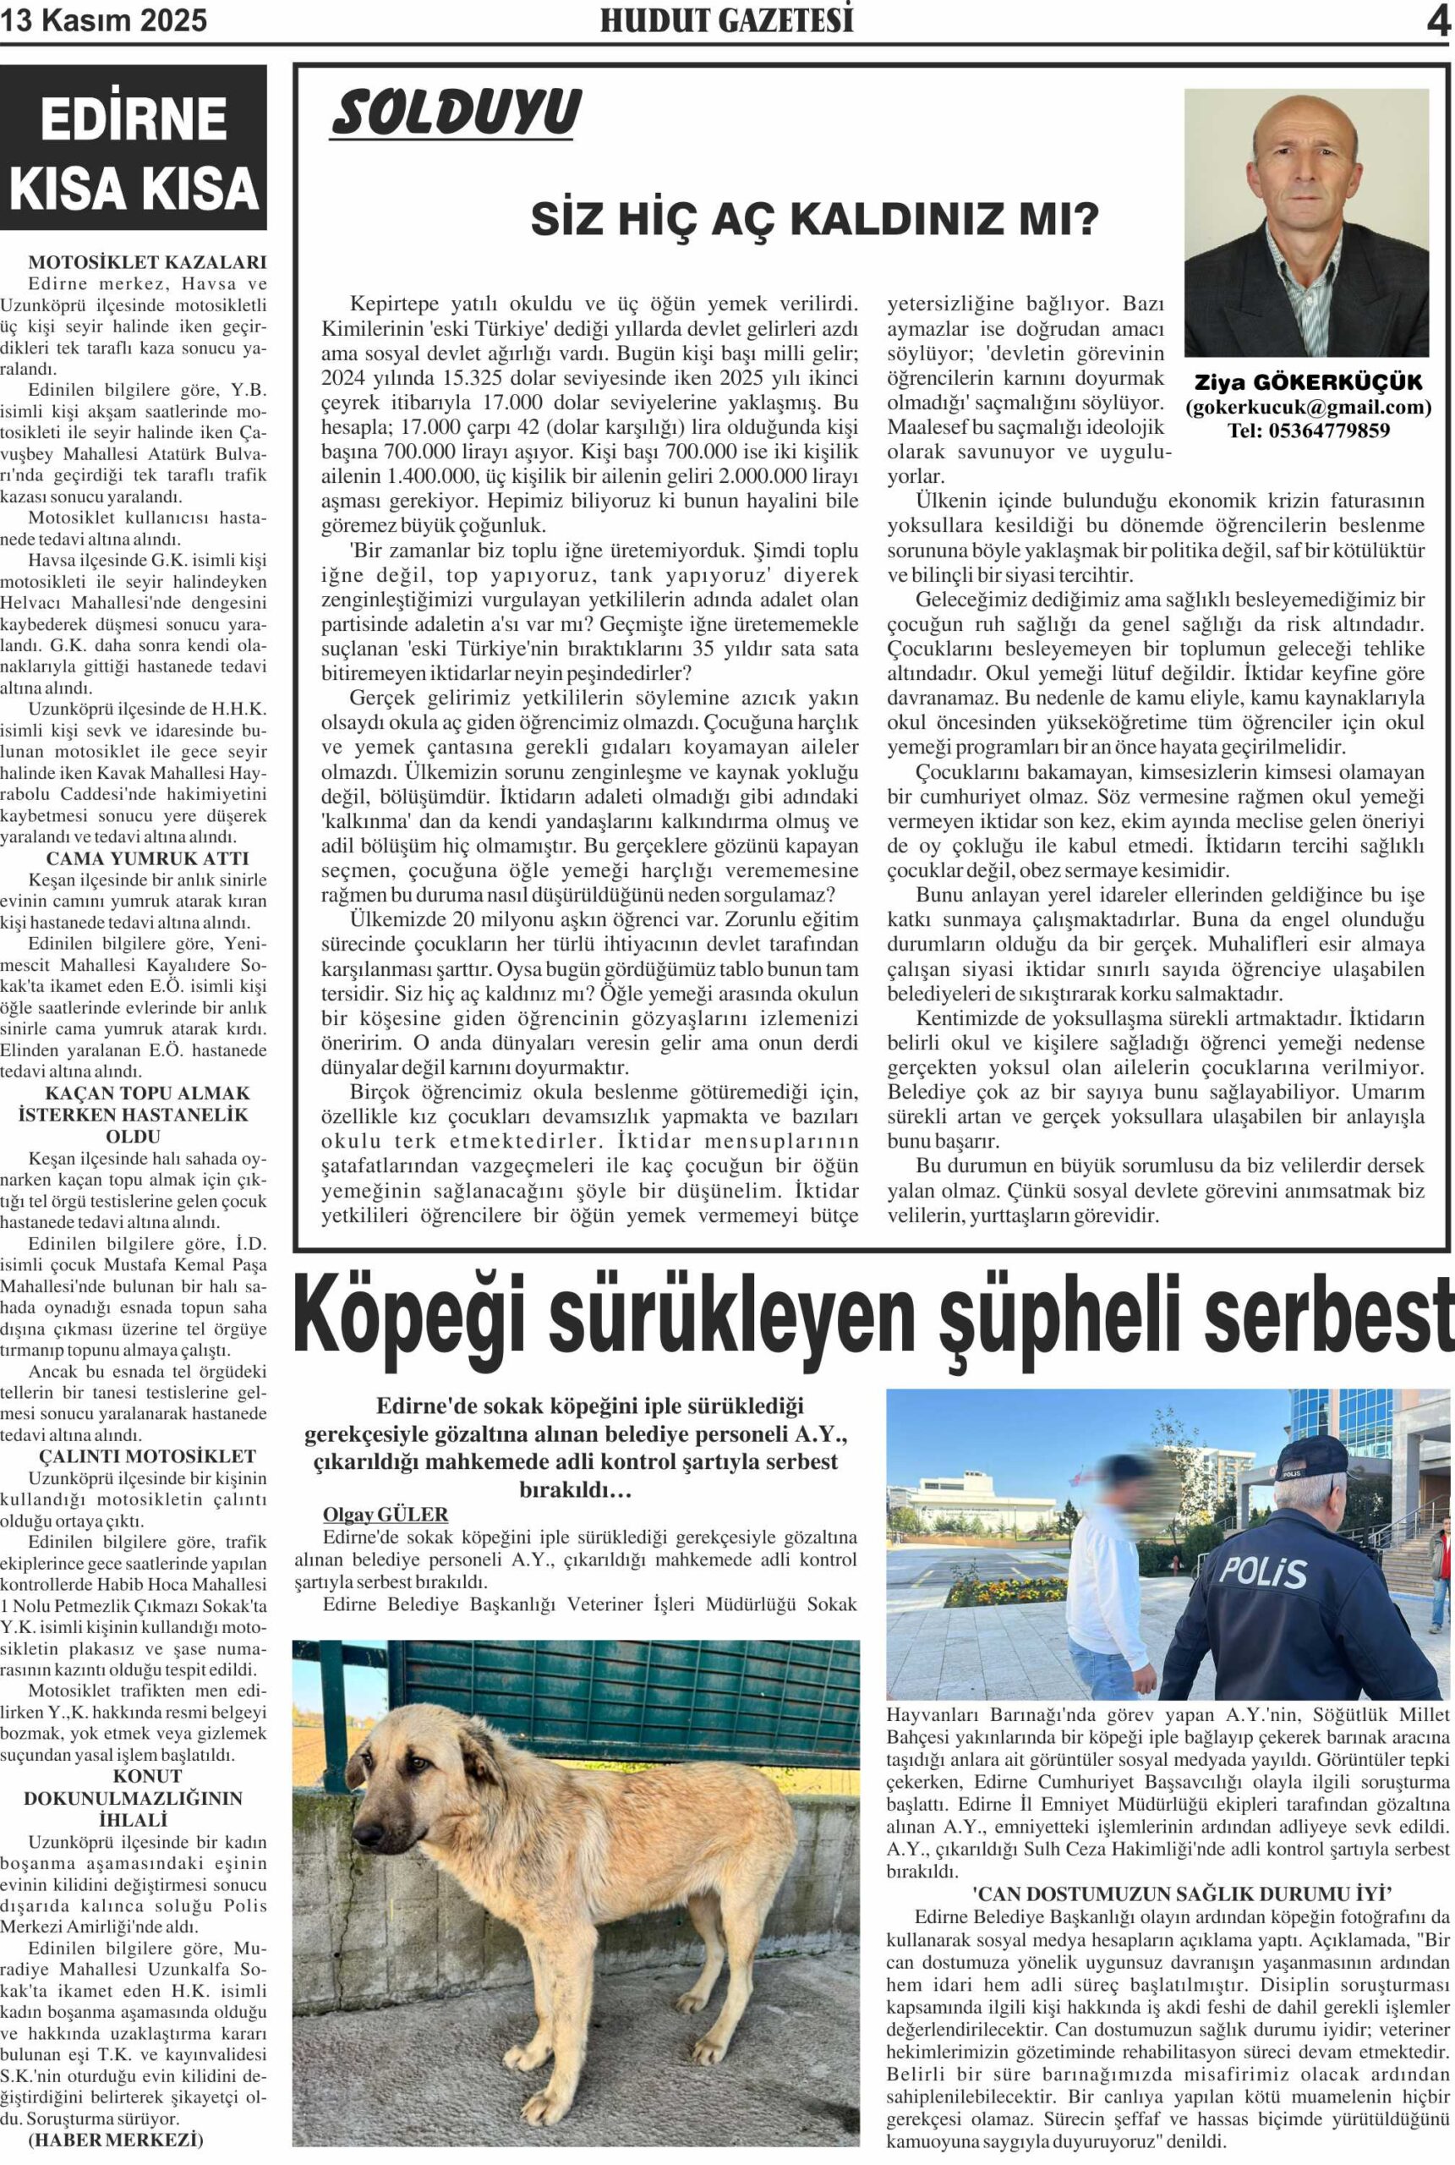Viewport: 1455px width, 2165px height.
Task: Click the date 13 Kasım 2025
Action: click(104, 19)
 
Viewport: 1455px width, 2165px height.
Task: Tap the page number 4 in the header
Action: click(1437, 19)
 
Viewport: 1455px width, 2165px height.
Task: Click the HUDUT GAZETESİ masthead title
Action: click(726, 19)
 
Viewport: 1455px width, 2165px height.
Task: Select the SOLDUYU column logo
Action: click(456, 114)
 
